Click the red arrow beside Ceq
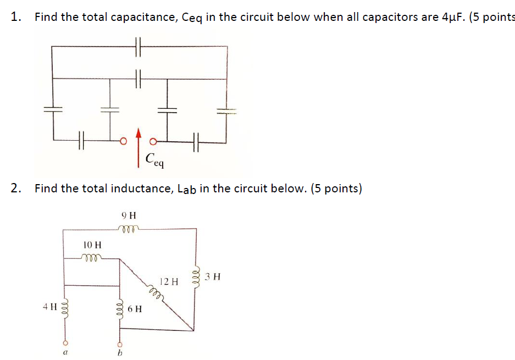pyautogui.click(x=138, y=147)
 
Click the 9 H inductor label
pyautogui.click(x=128, y=215)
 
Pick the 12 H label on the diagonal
pyautogui.click(x=169, y=281)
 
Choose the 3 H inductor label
pyautogui.click(x=213, y=276)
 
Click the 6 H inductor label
pyautogui.click(x=135, y=309)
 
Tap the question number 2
pyautogui.click(x=16, y=189)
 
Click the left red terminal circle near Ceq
pyautogui.click(x=124, y=141)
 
